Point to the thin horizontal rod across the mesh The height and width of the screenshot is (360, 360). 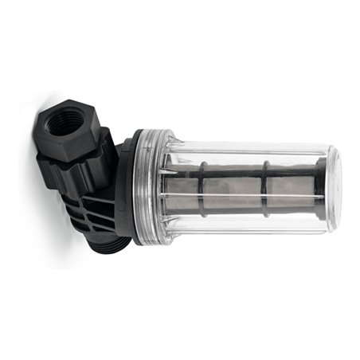click(x=239, y=197)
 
